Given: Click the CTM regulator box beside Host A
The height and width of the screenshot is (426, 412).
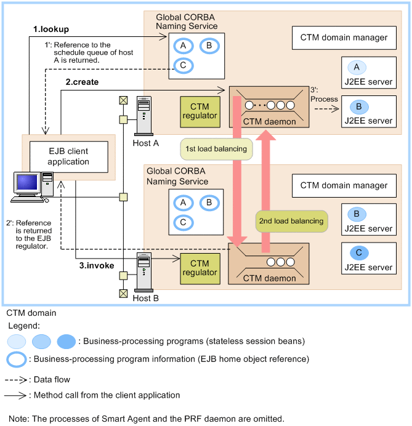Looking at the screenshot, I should coord(200,111).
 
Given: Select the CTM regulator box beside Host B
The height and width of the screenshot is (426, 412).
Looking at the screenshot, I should coord(200,268).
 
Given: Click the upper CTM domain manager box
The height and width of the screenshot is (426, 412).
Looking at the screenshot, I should coord(344,38).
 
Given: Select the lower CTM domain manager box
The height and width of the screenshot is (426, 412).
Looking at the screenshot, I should coord(344,185).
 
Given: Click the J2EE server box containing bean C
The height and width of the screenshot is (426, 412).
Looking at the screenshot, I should coord(368,259).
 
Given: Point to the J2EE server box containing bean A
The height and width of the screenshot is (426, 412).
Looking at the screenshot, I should coord(368,73).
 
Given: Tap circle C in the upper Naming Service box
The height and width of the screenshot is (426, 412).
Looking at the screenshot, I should coord(182,66).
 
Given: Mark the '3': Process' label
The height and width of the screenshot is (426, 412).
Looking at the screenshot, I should coord(325,95).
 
